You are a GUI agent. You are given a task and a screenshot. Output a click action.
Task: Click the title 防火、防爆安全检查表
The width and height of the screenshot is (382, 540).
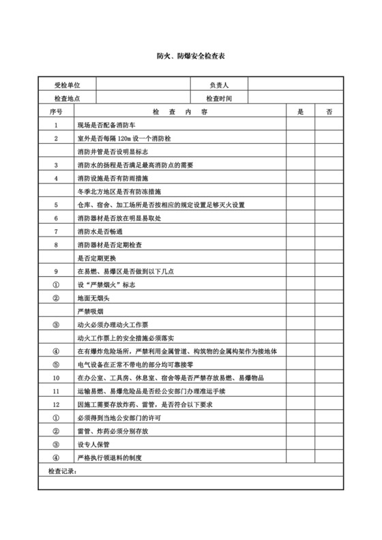(x=190, y=60)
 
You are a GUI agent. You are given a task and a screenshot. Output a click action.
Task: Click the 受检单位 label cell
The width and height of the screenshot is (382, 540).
(x=67, y=85)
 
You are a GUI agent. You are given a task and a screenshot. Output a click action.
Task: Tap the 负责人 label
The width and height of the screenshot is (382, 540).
(x=218, y=85)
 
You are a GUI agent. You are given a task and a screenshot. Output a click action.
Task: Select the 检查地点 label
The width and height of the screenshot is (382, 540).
(x=67, y=98)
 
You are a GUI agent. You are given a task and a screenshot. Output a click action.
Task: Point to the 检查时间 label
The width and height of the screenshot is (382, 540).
(x=218, y=98)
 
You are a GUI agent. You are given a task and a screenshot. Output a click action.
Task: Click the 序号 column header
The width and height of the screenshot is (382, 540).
(x=56, y=111)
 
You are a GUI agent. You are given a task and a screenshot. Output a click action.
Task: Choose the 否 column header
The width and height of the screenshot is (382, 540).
(x=329, y=111)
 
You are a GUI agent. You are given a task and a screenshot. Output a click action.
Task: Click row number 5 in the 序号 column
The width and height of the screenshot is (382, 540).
(x=56, y=205)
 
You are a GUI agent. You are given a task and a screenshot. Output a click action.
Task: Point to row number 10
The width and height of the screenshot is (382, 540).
(x=56, y=377)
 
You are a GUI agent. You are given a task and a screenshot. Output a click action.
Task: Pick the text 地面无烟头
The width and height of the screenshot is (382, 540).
(x=95, y=297)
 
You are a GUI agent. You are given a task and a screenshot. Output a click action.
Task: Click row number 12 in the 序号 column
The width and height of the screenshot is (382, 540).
(x=56, y=404)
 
